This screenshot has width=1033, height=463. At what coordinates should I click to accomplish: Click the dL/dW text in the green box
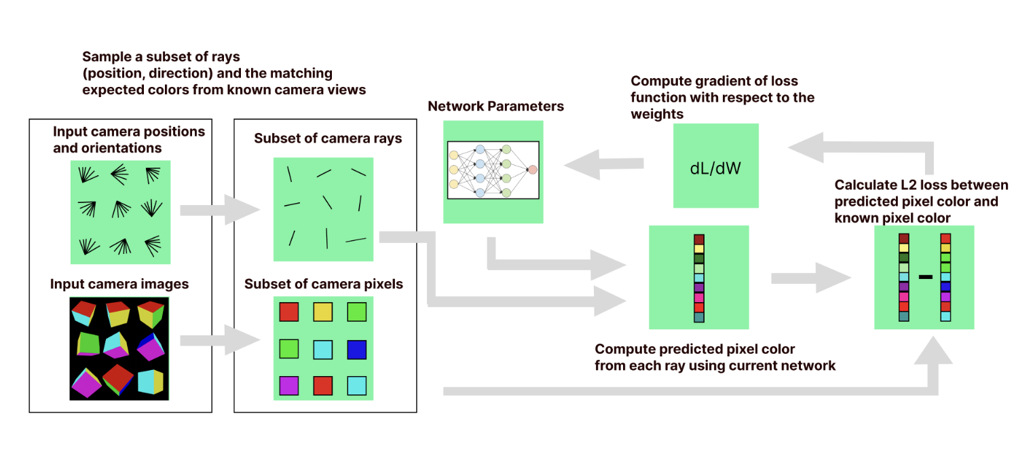click(x=715, y=168)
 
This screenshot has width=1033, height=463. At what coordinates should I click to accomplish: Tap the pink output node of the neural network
click(x=533, y=170)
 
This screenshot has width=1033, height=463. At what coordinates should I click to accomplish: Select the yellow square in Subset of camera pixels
click(x=323, y=312)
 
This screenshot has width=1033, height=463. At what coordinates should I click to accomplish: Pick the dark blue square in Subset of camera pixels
click(x=357, y=350)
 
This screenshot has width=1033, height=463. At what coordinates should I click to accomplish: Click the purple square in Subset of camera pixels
click(x=289, y=386)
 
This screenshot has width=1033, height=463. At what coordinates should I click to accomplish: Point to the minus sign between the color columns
click(x=926, y=277)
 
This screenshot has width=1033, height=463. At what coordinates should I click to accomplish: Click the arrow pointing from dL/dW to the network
click(x=603, y=164)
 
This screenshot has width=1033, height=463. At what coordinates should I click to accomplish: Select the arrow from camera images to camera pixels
click(x=221, y=340)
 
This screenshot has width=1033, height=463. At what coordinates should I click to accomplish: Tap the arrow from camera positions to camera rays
click(x=221, y=210)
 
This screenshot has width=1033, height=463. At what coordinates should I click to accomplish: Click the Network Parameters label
click(x=495, y=106)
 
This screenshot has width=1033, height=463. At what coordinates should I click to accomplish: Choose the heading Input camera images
click(x=119, y=284)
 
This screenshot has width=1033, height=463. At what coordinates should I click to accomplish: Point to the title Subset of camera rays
click(x=328, y=138)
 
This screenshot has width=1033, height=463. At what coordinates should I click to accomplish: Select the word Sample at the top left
click(x=107, y=57)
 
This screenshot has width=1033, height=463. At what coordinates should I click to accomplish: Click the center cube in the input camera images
click(x=116, y=345)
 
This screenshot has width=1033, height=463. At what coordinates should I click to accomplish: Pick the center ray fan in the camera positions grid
click(x=121, y=209)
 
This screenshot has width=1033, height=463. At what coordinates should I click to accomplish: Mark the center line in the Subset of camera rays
click(x=327, y=202)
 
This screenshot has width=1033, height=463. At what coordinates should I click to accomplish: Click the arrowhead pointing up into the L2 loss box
click(x=933, y=350)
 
